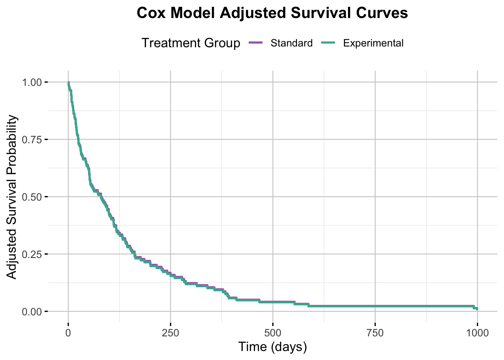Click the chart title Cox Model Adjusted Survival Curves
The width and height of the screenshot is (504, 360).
pyautogui.click(x=272, y=13)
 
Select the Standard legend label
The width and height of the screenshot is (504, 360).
pyautogui.click(x=291, y=43)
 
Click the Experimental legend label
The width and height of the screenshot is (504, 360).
pyautogui.click(x=373, y=43)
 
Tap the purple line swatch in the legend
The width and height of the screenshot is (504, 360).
pyautogui.click(x=256, y=43)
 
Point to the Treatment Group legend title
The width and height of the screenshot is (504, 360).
pyautogui.click(x=190, y=43)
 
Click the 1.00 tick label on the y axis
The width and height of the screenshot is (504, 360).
pyautogui.click(x=33, y=82)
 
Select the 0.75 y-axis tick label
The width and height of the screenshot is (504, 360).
pyautogui.click(x=33, y=139)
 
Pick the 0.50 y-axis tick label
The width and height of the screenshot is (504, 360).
pyautogui.click(x=33, y=197)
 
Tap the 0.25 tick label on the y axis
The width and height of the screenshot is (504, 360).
pyautogui.click(x=33, y=254)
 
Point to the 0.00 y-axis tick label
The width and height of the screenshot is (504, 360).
pyautogui.click(x=33, y=312)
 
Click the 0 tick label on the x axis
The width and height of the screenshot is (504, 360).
pyautogui.click(x=68, y=333)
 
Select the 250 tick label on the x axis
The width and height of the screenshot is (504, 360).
pyautogui.click(x=170, y=333)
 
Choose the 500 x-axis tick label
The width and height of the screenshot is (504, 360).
pyautogui.click(x=273, y=333)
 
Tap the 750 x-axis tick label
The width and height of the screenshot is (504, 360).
pyautogui.click(x=375, y=333)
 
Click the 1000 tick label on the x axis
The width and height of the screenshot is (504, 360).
pyautogui.click(x=477, y=333)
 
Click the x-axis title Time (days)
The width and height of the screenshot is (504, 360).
pyautogui.click(x=273, y=347)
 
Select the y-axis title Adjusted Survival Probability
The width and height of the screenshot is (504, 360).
pyautogui.click(x=12, y=197)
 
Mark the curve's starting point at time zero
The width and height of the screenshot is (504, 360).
pyautogui.click(x=68, y=82)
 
